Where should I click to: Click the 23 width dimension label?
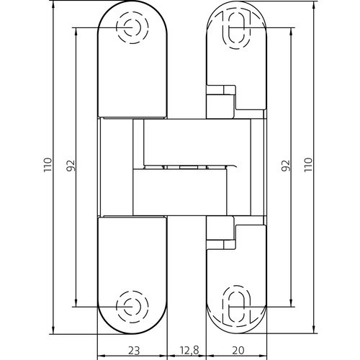[x=134, y=351]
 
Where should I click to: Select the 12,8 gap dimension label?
[x=189, y=351]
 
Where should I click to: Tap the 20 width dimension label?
[x=238, y=351]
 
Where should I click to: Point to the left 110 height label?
[x=48, y=165]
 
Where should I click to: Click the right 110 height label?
[x=308, y=165]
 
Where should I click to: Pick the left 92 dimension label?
[x=71, y=166]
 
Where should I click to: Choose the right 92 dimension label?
[x=286, y=166]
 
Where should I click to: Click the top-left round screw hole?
[x=132, y=27]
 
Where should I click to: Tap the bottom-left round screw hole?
[x=132, y=307]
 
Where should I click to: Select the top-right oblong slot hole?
[x=237, y=30]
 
